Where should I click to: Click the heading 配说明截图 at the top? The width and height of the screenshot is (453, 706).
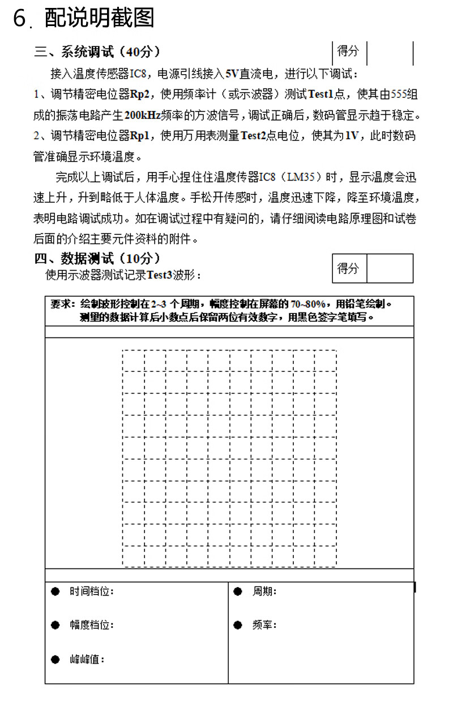pyautogui.click(x=99, y=18)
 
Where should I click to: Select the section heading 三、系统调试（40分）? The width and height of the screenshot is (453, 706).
pyautogui.click(x=97, y=52)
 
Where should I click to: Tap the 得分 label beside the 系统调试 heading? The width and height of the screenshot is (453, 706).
pyautogui.click(x=348, y=52)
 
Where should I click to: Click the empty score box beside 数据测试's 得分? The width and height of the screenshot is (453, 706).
pyautogui.click(x=390, y=268)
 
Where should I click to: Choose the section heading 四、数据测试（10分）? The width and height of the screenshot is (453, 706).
pyautogui.click(x=97, y=259)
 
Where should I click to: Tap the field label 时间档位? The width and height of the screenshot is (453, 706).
pyautogui.click(x=91, y=592)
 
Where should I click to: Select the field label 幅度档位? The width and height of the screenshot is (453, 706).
pyautogui.click(x=91, y=625)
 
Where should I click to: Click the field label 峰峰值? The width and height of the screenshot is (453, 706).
pyautogui.click(x=87, y=660)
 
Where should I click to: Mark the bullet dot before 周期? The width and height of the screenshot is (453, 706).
pyautogui.click(x=238, y=592)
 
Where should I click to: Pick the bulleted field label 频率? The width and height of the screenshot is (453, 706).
pyautogui.click(x=264, y=625)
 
